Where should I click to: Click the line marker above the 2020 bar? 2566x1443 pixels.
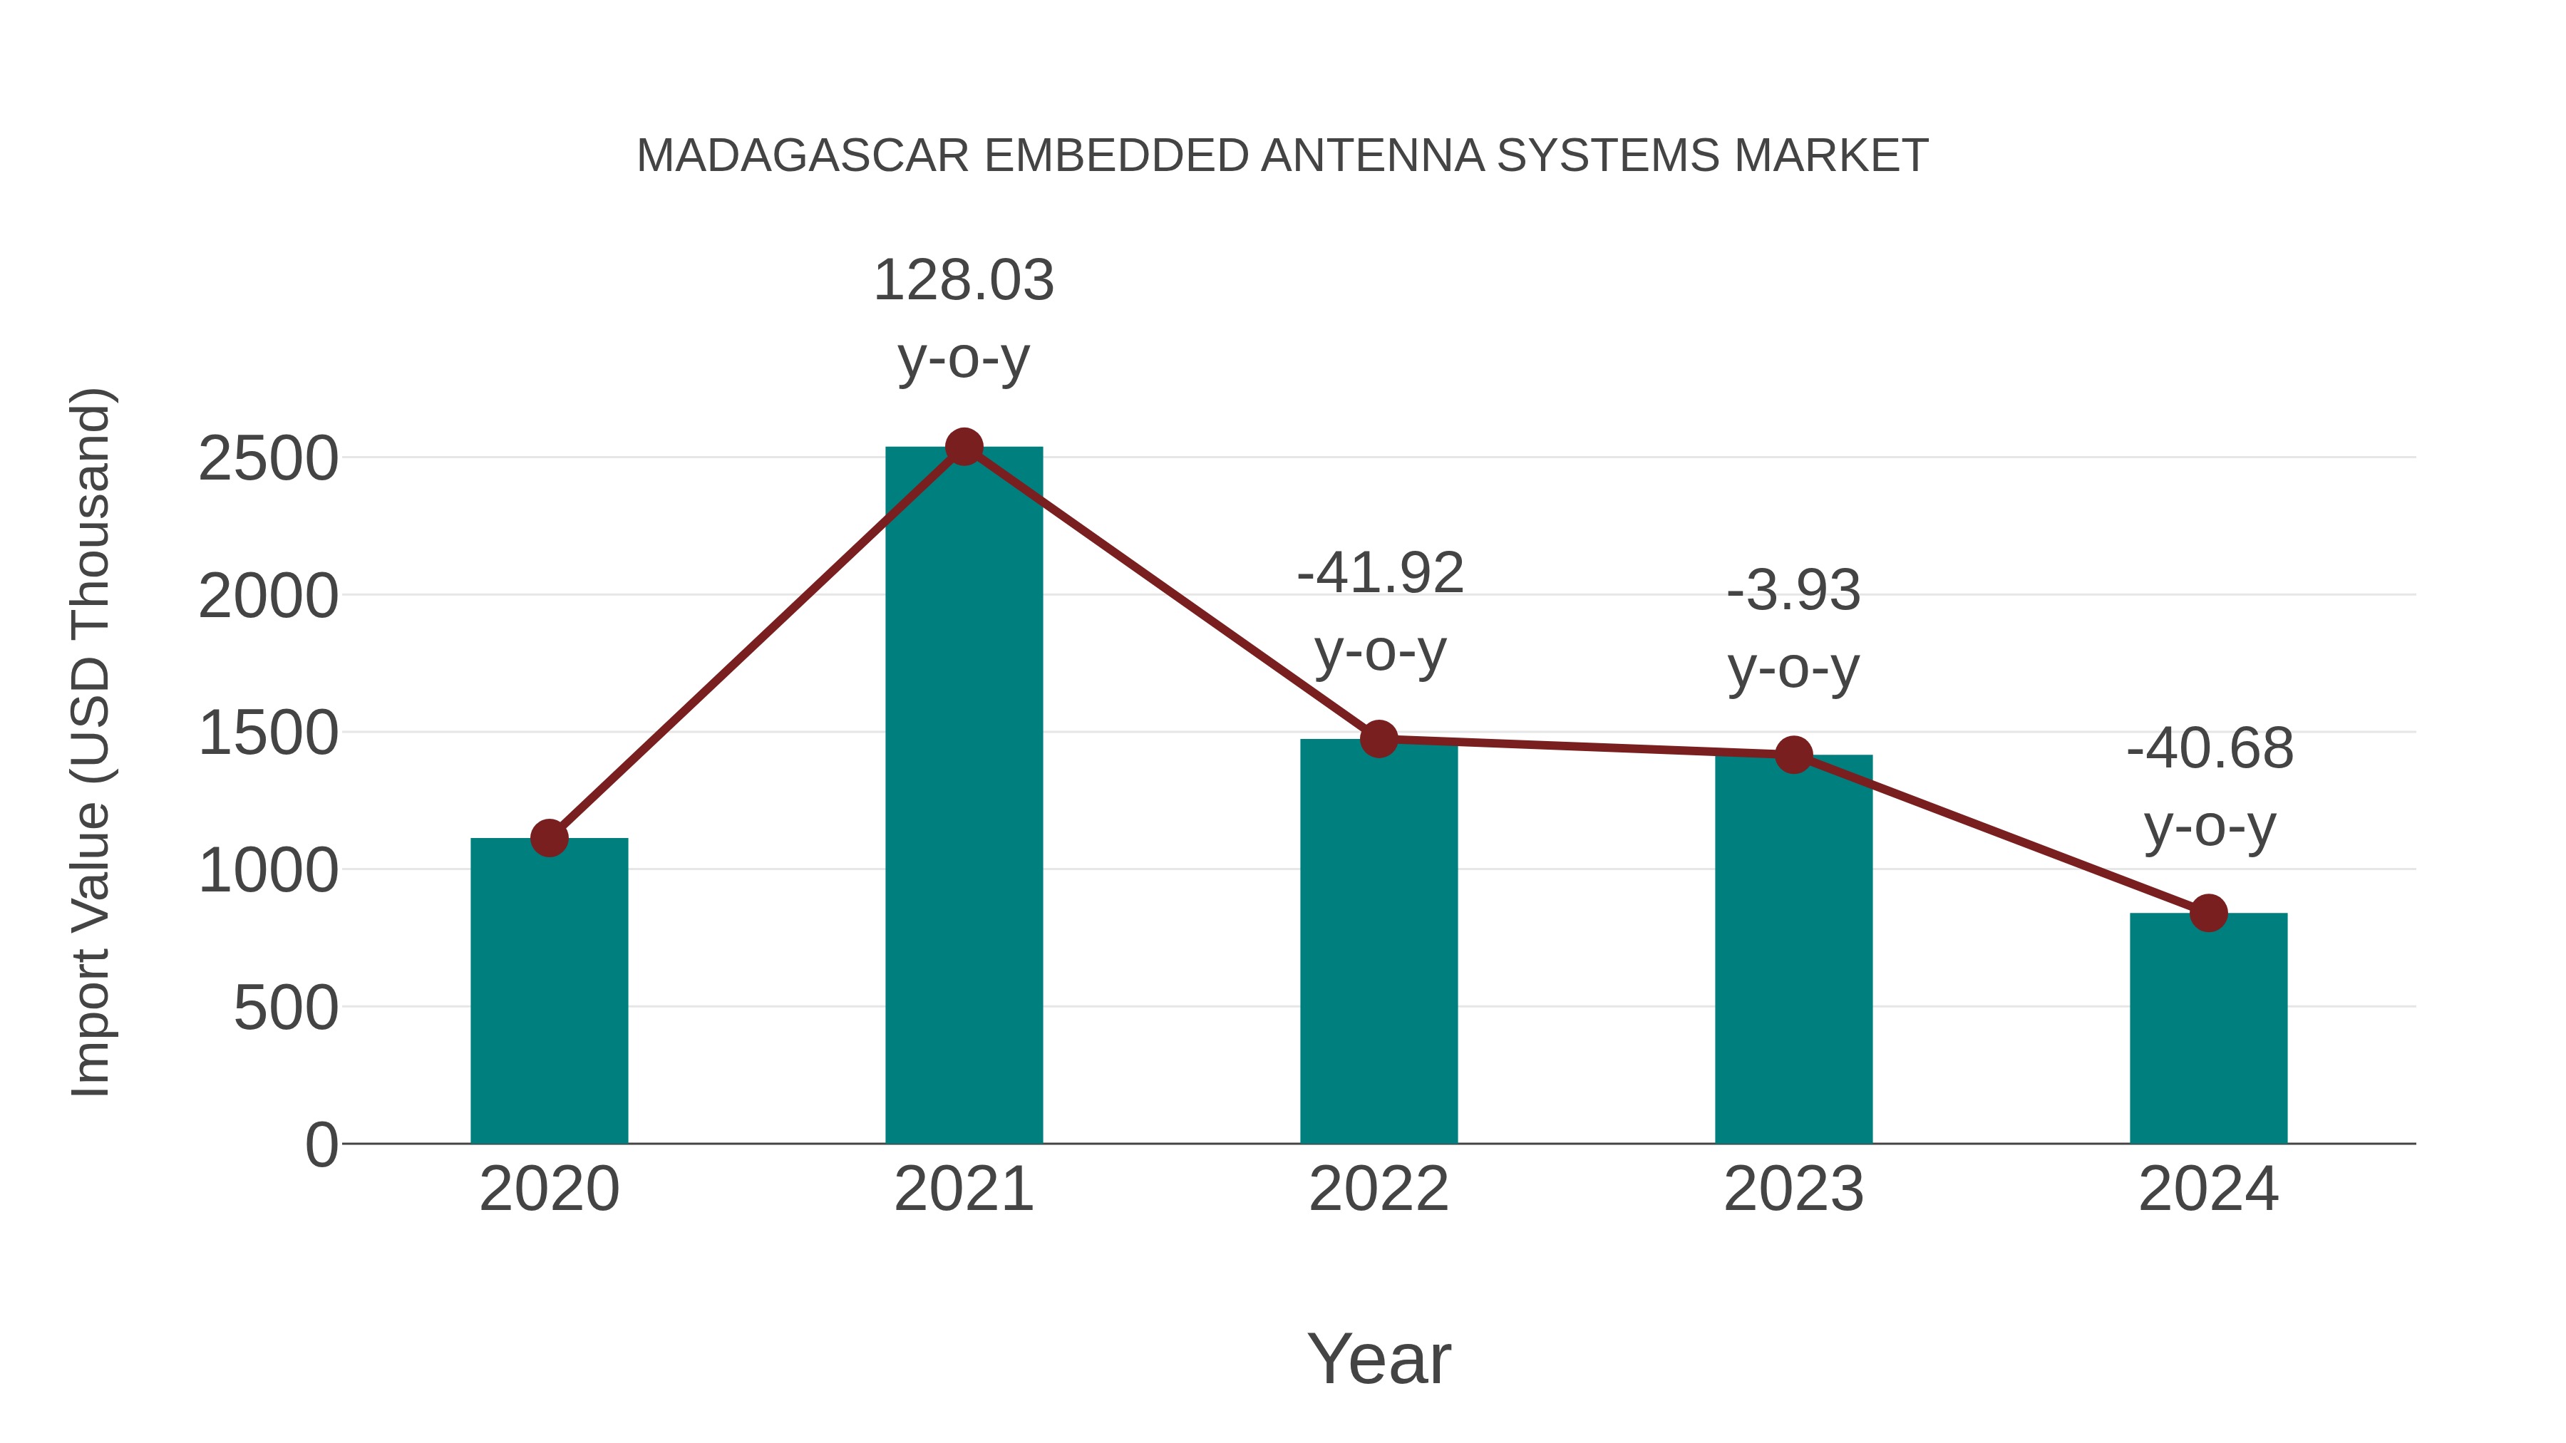pyautogui.click(x=549, y=839)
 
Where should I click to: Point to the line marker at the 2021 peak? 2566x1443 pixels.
pyautogui.click(x=963, y=447)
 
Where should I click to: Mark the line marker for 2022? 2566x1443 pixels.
pyautogui.click(x=1379, y=739)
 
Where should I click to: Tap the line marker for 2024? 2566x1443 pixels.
pyautogui.click(x=2208, y=912)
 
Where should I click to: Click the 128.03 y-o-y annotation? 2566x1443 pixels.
pyautogui.click(x=963, y=318)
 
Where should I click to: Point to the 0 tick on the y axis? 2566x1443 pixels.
pyautogui.click(x=321, y=1144)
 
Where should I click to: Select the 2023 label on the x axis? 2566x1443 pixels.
pyautogui.click(x=1793, y=1189)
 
